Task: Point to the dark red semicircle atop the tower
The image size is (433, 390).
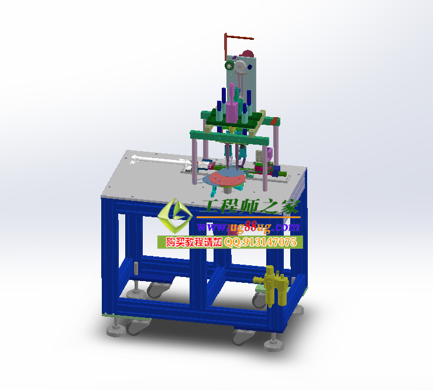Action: (248, 54)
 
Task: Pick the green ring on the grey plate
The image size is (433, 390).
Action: (229, 66)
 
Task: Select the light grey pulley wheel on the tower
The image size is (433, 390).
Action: (240, 66)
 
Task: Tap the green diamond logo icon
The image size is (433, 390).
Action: (175, 215)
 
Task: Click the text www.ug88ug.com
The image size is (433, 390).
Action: (249, 227)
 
